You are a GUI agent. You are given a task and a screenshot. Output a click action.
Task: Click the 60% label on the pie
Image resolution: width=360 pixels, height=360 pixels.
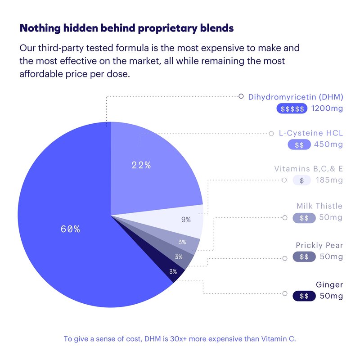[70, 229]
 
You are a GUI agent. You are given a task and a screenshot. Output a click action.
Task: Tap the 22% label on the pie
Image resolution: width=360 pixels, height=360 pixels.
[141, 165]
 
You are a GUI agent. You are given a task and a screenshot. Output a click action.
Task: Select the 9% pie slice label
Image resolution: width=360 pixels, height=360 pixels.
[186, 220]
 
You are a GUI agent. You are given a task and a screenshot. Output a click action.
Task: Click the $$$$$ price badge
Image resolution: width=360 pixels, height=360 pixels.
[292, 109]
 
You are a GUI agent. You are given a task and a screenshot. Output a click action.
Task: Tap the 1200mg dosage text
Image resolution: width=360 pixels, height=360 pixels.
[327, 109]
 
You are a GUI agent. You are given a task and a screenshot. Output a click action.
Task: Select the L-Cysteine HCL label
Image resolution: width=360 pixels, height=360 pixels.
[311, 133]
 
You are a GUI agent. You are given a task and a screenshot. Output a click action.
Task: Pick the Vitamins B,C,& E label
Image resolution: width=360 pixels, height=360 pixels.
[308, 169]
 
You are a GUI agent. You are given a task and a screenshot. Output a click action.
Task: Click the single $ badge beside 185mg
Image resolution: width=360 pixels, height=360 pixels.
[301, 180]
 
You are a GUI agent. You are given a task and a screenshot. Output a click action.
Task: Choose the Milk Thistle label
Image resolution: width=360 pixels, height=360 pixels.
[319, 206]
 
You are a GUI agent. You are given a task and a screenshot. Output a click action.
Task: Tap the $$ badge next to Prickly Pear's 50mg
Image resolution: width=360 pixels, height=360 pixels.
[304, 257]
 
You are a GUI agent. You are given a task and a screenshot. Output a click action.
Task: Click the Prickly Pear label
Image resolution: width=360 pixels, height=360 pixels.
[319, 245]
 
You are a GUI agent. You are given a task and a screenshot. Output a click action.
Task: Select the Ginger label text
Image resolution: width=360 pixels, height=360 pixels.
[329, 284]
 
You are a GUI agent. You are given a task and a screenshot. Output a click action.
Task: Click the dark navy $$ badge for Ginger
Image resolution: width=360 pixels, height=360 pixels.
[304, 296]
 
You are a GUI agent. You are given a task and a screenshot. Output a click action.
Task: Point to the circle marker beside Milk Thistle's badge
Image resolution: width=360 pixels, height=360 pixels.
[284, 218]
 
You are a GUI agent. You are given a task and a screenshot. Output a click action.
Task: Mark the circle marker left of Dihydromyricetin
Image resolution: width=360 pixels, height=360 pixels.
[241, 96]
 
